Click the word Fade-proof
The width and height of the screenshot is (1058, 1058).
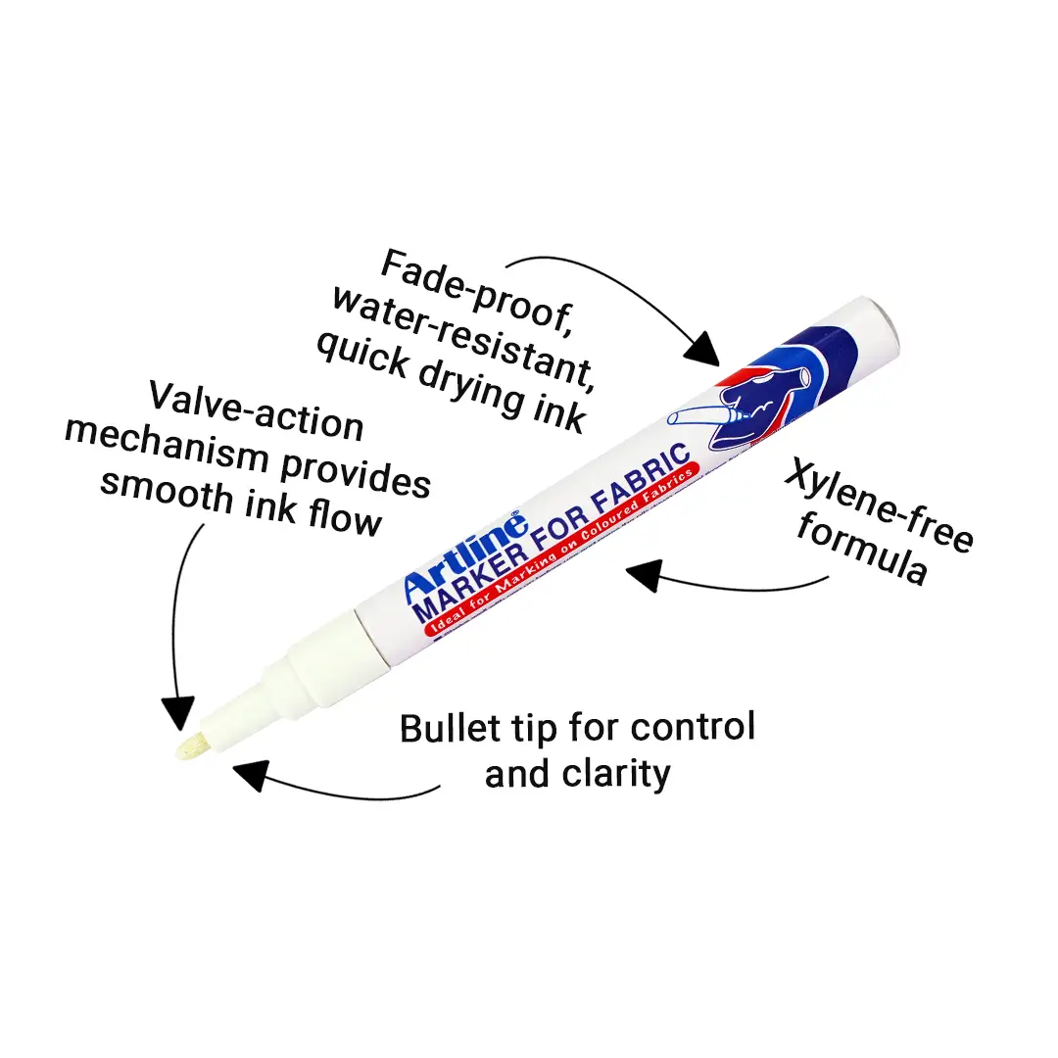coord(478,292)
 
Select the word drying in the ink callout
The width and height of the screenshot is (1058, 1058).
coord(471,387)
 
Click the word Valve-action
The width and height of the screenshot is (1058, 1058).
coord(257,412)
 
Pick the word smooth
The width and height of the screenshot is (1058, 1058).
coord(167,492)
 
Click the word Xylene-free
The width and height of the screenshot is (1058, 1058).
coord(880,505)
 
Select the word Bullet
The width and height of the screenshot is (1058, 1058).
coord(451,729)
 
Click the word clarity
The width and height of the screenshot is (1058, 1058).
coord(616,775)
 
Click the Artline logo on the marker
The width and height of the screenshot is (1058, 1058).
coord(465,556)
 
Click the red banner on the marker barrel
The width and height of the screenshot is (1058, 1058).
coord(561,550)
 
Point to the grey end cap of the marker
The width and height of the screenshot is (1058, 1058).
coord(884,326)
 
